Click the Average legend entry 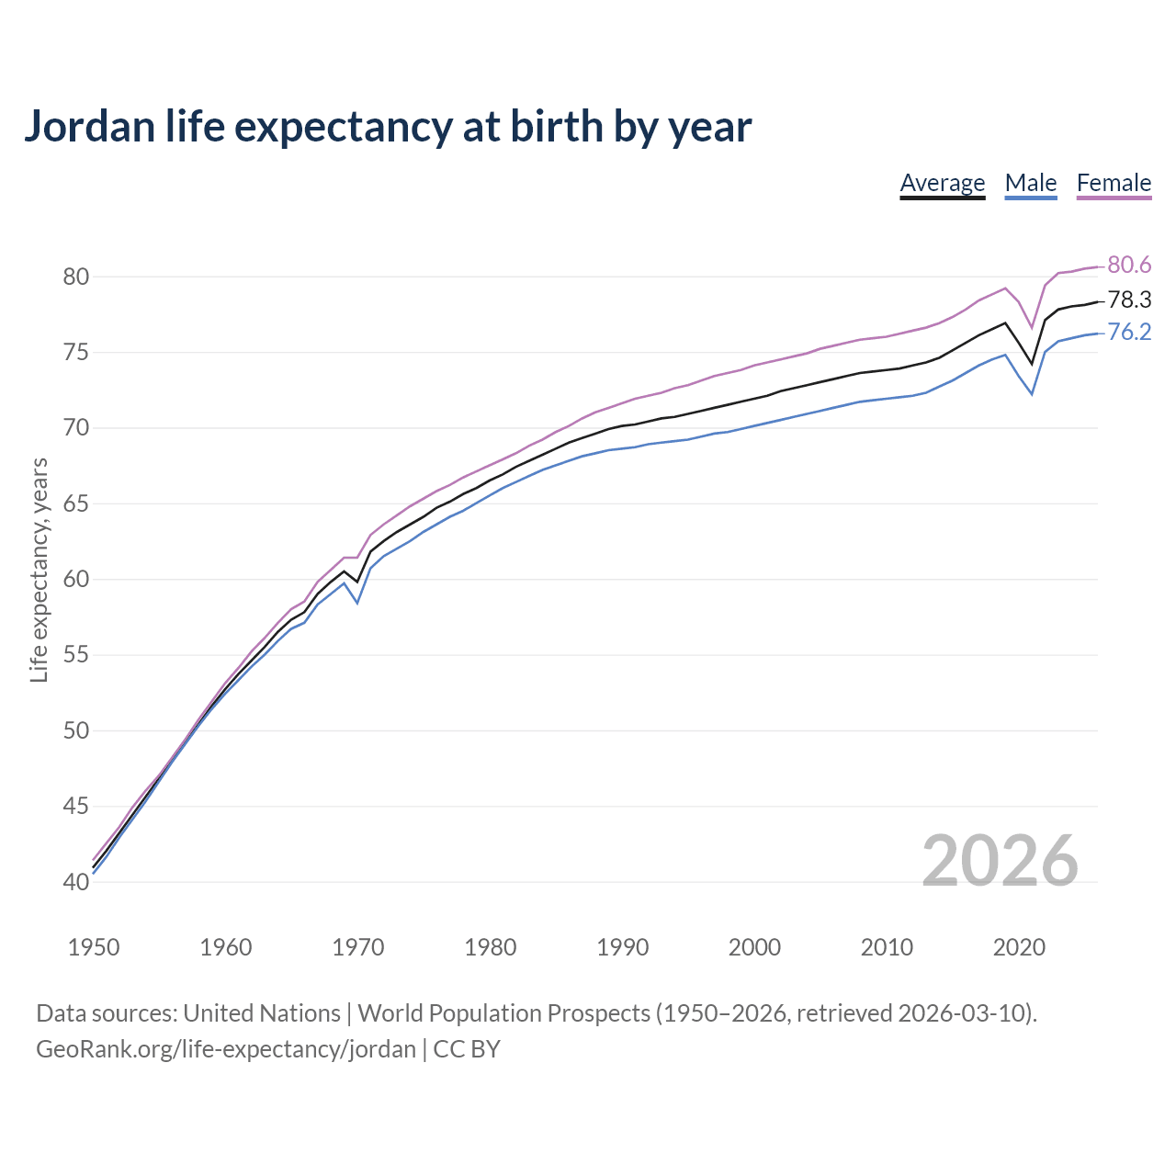pos(942,183)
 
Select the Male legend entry pos(1030,183)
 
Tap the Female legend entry pos(1114,183)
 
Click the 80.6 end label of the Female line pos(1129,265)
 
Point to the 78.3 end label pos(1129,300)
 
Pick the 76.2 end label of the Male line pos(1129,332)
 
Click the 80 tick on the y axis pos(76,277)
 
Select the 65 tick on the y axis pos(76,503)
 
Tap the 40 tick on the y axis pos(76,882)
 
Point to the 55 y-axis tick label pos(76,655)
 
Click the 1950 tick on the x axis pos(94,947)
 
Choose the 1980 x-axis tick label pos(490,947)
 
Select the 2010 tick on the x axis pos(887,947)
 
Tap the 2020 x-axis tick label pos(1019,947)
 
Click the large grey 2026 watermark pos(1000,861)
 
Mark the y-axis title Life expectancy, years pos(40,570)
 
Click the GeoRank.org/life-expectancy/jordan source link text pos(226,1049)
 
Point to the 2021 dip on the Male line pos(1032,394)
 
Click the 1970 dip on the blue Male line pos(357,602)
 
